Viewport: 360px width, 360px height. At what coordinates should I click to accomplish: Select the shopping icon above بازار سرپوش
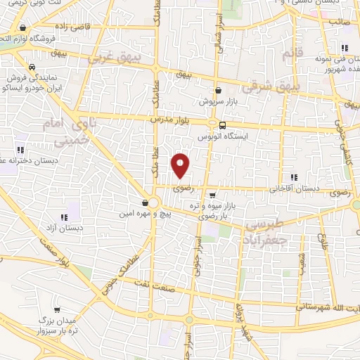(x=219, y=90)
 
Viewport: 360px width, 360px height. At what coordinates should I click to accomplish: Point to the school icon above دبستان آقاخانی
(x=293, y=177)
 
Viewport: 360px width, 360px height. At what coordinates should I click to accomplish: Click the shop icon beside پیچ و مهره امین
(x=145, y=202)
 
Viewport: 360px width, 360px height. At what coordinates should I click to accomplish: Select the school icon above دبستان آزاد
(x=70, y=216)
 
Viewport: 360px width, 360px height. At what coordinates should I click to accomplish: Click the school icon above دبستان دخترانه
(x=20, y=149)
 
